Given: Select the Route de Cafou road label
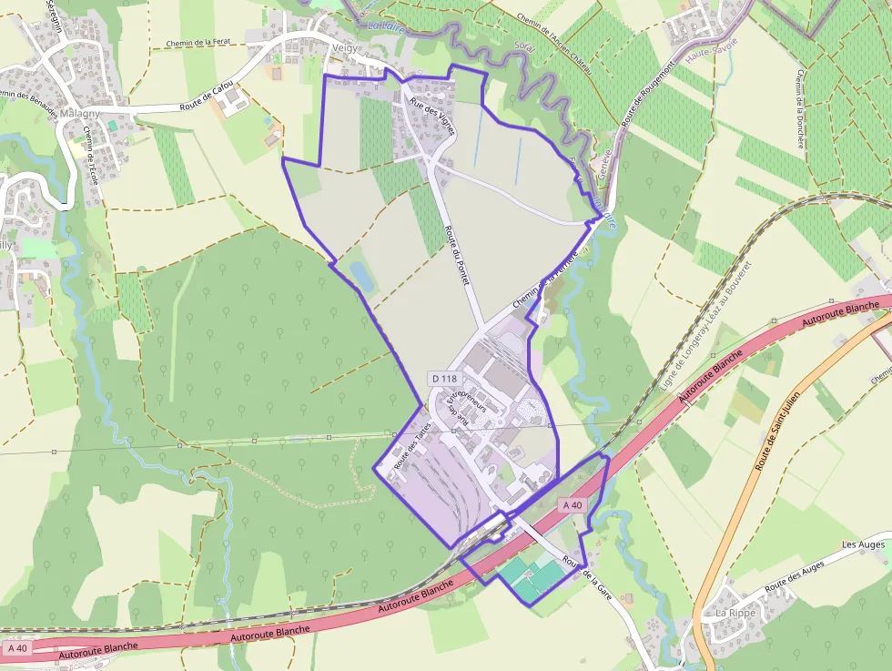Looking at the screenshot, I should point(207,95).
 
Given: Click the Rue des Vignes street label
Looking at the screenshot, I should point(431,116).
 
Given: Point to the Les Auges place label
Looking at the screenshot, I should point(863,544).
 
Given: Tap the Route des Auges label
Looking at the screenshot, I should point(795,577).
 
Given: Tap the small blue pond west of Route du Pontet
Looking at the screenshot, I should point(360,275).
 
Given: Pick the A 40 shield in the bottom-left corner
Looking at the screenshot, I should point(17,648).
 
